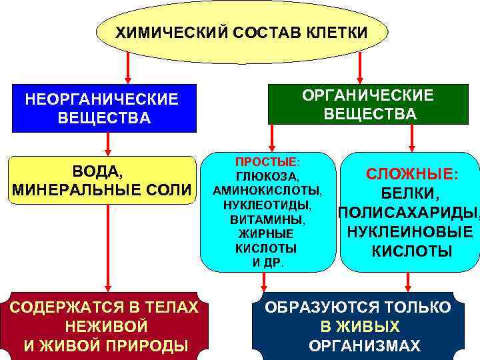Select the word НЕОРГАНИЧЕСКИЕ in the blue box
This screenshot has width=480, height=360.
tap(101, 99)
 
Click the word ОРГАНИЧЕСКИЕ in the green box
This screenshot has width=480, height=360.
tap(367, 95)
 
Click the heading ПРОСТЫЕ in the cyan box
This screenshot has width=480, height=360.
tap(266, 163)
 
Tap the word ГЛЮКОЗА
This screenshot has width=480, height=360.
tap(266, 177)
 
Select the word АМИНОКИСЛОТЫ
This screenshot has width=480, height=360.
tap(267, 191)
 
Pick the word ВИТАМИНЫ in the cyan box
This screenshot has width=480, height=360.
tap(266, 219)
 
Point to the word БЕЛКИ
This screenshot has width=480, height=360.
tap(410, 195)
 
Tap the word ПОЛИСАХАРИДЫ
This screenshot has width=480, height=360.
tap(408, 213)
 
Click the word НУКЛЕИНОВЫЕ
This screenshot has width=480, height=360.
tap(410, 233)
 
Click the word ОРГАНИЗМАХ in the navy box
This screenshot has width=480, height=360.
tap(365, 346)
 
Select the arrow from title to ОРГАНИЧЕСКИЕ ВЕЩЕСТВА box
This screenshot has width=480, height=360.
tap(359, 68)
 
